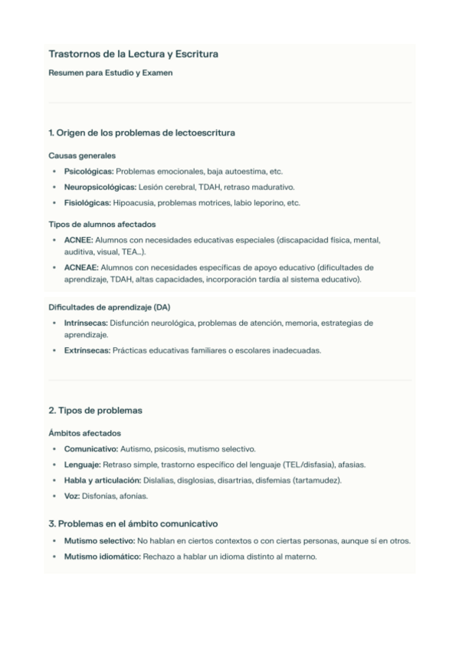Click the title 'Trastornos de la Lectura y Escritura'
click(x=133, y=54)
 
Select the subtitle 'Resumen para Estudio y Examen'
click(x=110, y=74)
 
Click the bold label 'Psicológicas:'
click(x=89, y=171)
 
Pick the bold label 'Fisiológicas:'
click(x=87, y=203)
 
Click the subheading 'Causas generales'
click(x=81, y=156)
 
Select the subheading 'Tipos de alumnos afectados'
click(x=102, y=225)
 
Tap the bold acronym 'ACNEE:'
click(x=79, y=240)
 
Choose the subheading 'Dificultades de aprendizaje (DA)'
click(x=109, y=307)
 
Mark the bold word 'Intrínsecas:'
click(x=86, y=323)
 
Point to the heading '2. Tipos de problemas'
click(x=95, y=410)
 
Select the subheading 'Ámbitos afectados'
click(x=84, y=433)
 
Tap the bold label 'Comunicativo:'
click(x=90, y=448)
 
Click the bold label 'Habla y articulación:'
click(x=103, y=480)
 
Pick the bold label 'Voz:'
click(x=72, y=496)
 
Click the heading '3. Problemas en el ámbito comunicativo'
click(x=133, y=524)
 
